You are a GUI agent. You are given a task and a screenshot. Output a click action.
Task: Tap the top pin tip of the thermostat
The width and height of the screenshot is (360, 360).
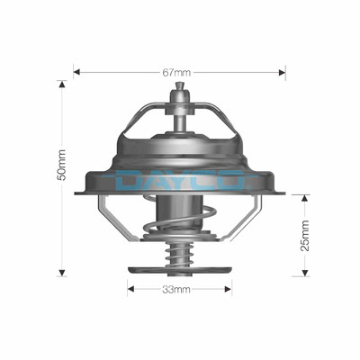(181, 86)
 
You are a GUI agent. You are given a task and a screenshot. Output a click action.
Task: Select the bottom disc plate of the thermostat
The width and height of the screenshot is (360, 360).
(180, 269)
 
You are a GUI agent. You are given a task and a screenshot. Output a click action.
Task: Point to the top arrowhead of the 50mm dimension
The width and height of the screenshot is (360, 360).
(62, 84)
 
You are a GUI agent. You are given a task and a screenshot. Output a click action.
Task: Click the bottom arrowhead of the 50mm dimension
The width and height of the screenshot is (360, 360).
(62, 273)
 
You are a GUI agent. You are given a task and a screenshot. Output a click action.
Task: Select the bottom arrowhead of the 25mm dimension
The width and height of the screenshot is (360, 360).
(304, 273)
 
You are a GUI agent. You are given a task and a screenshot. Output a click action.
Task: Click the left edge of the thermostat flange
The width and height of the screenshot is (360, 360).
(78, 192)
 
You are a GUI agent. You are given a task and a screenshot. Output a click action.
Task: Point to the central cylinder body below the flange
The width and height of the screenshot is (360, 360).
(179, 216)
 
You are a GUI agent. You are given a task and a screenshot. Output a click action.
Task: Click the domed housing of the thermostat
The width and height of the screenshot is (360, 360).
(180, 148)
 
